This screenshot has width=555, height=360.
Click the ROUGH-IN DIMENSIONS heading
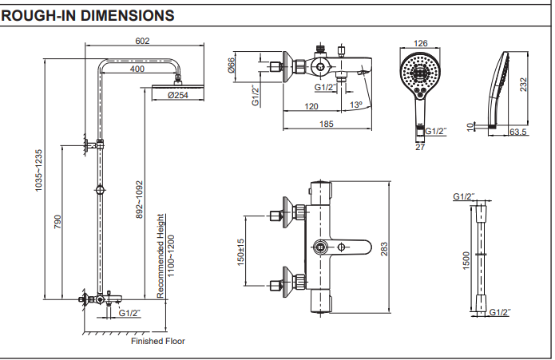89,15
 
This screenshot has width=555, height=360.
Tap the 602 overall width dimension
143,42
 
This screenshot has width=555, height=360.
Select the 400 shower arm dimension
137,69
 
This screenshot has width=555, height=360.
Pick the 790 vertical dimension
57,223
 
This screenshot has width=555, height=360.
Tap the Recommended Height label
161,255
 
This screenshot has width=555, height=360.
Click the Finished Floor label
158,341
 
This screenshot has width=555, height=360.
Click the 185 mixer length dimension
326,124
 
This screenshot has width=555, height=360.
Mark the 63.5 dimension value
519,133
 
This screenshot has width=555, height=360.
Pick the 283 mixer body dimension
385,249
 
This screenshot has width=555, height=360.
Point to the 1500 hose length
467,260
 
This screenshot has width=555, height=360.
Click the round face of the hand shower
418,73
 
